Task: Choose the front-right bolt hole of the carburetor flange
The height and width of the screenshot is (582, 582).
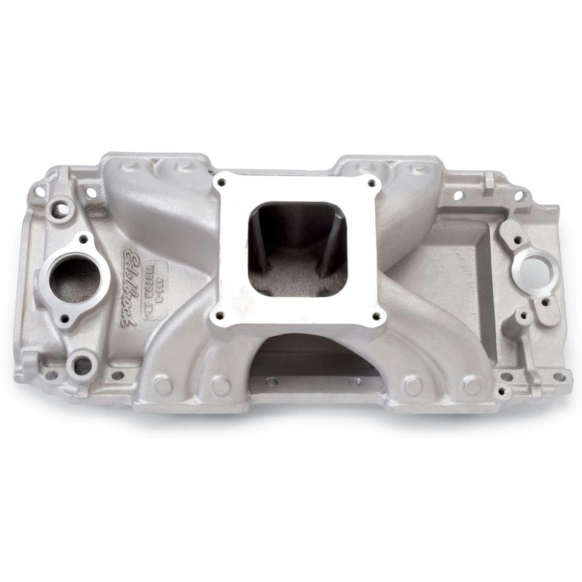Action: [x=376, y=315]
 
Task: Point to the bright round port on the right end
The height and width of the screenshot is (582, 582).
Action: [x=533, y=268]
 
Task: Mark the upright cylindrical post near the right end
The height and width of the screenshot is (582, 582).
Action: [x=522, y=321]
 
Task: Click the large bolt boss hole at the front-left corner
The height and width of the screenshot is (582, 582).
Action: [x=82, y=363]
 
